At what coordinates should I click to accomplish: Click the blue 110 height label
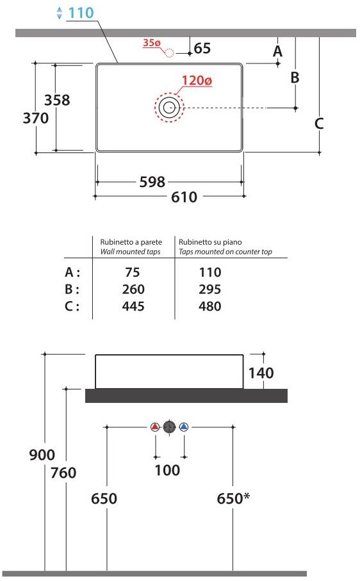(x=81, y=13)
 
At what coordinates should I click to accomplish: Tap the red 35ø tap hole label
(x=151, y=43)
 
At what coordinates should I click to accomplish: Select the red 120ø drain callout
(x=197, y=81)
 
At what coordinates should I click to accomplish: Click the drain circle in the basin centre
(x=169, y=108)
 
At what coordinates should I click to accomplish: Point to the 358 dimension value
(x=57, y=100)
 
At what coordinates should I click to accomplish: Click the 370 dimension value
(x=36, y=119)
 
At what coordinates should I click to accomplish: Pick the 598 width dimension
(x=152, y=182)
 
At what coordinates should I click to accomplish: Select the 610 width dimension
(x=184, y=197)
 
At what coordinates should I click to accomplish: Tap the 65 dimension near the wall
(x=202, y=48)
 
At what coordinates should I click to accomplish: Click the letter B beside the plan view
(x=295, y=78)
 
